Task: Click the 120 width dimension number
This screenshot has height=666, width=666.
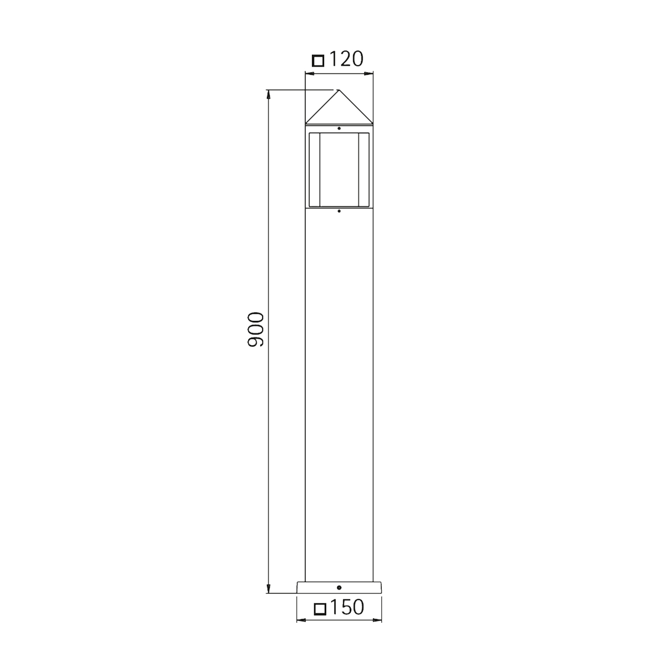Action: click(346, 59)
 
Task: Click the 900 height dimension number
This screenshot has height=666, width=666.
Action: click(256, 329)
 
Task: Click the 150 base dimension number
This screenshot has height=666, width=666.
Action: click(347, 607)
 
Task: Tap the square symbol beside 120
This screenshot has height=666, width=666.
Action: click(318, 61)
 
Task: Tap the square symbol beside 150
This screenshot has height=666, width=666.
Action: click(320, 609)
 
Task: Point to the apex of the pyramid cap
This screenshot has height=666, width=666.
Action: click(339, 90)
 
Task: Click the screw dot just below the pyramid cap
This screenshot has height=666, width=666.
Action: click(339, 128)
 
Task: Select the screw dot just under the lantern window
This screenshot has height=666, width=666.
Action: click(339, 211)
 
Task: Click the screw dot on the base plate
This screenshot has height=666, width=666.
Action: click(339, 588)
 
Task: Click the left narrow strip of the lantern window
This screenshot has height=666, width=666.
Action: click(314, 170)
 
